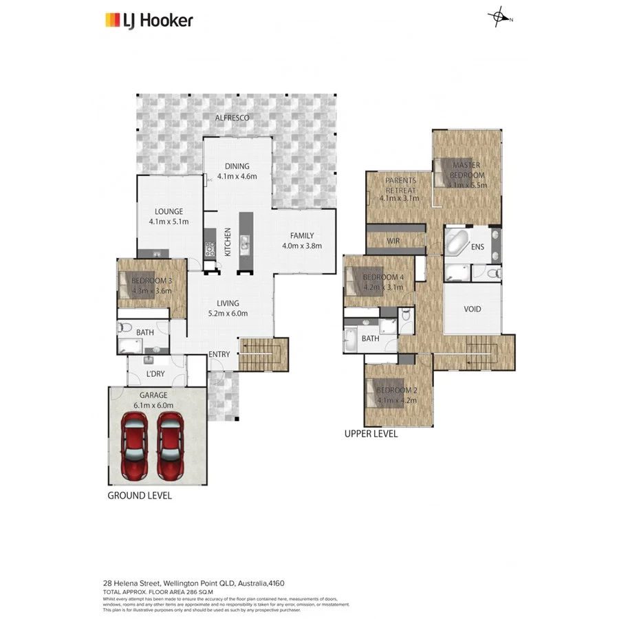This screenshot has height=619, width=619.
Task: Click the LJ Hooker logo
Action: click(148, 20)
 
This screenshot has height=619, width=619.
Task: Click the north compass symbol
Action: click(500, 19)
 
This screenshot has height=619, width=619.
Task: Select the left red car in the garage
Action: click(134, 448)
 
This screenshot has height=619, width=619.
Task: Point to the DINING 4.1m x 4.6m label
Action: click(237, 171)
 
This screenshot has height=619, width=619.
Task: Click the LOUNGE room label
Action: click(168, 217)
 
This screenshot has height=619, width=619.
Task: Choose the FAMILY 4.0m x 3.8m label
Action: click(301, 240)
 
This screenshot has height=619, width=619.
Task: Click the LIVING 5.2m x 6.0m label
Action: click(228, 308)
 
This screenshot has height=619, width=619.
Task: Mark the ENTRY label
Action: click(220, 354)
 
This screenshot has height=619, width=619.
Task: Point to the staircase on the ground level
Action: click(261, 354)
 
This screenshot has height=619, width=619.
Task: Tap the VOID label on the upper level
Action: click(473, 309)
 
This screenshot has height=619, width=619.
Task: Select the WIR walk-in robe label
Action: click(393, 241)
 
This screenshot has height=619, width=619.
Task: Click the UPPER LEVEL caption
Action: click(371, 434)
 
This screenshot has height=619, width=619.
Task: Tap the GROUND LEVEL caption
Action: click(140, 495)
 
